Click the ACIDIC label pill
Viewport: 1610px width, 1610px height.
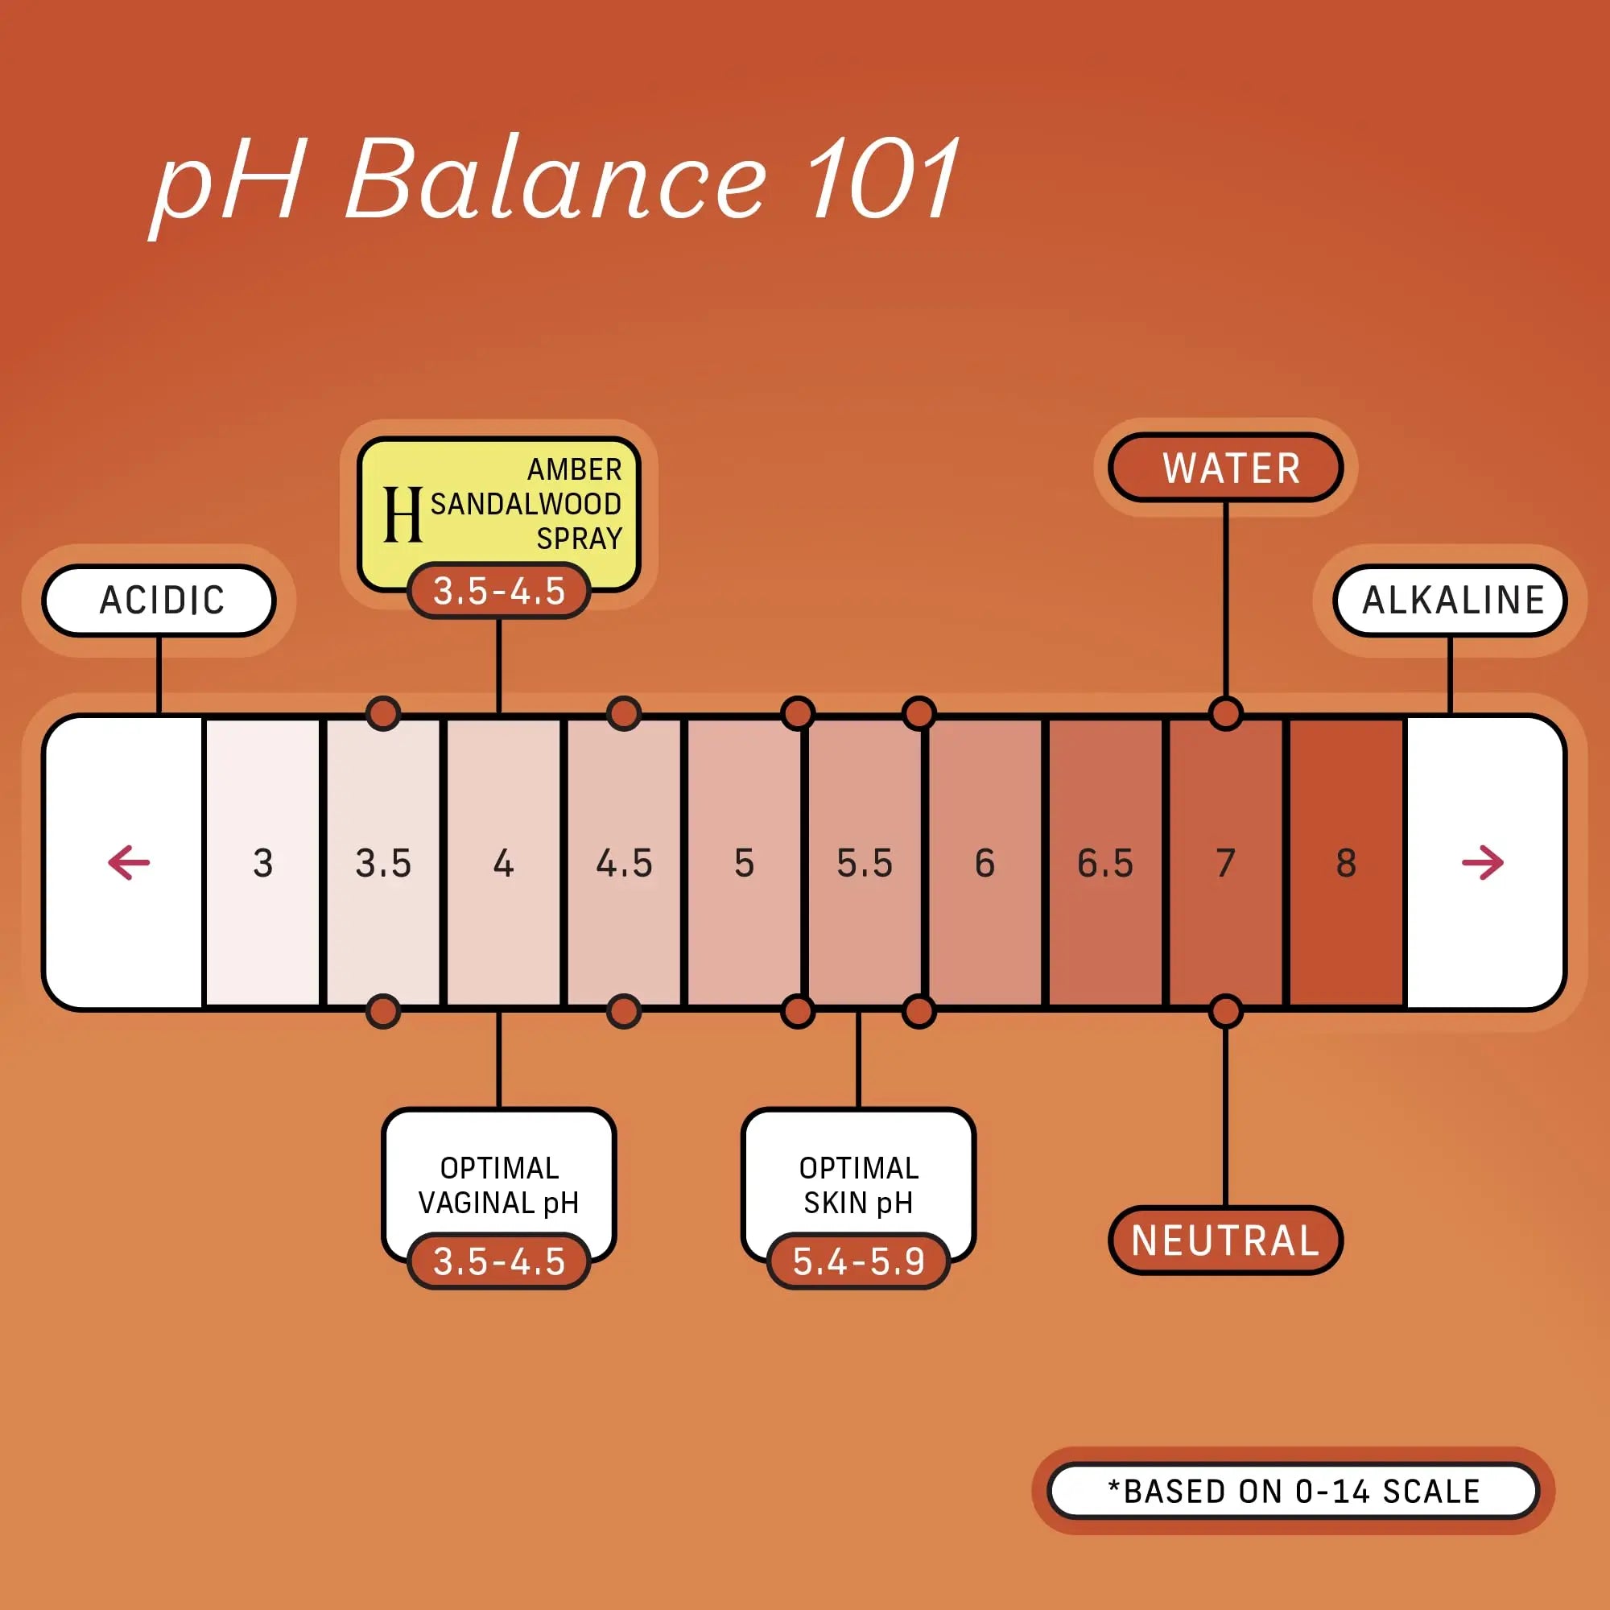point(159,600)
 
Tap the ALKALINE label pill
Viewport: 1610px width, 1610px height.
point(1451,600)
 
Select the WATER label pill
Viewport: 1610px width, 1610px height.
point(1226,468)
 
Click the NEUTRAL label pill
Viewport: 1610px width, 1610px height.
point(1226,1240)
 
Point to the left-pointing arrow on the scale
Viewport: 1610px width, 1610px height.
point(129,862)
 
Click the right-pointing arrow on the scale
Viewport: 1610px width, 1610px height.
point(1484,862)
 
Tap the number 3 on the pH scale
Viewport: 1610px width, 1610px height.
point(263,863)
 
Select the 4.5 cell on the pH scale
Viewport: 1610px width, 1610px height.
point(624,863)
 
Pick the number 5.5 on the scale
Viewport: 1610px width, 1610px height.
point(865,863)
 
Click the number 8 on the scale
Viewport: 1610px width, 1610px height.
point(1347,863)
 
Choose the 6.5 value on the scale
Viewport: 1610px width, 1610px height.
point(1106,863)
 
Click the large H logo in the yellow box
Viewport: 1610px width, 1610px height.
point(402,514)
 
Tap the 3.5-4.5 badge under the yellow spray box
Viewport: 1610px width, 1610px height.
point(499,591)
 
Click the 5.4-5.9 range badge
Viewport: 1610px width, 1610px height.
point(858,1261)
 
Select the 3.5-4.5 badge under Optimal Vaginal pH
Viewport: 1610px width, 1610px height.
point(499,1261)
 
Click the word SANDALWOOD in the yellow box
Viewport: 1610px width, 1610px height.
point(526,504)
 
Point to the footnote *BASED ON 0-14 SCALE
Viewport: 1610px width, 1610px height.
point(1294,1491)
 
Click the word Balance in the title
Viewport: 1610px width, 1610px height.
point(555,180)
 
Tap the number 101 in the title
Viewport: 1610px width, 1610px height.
point(885,179)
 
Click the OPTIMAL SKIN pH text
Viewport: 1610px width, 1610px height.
point(858,1186)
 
